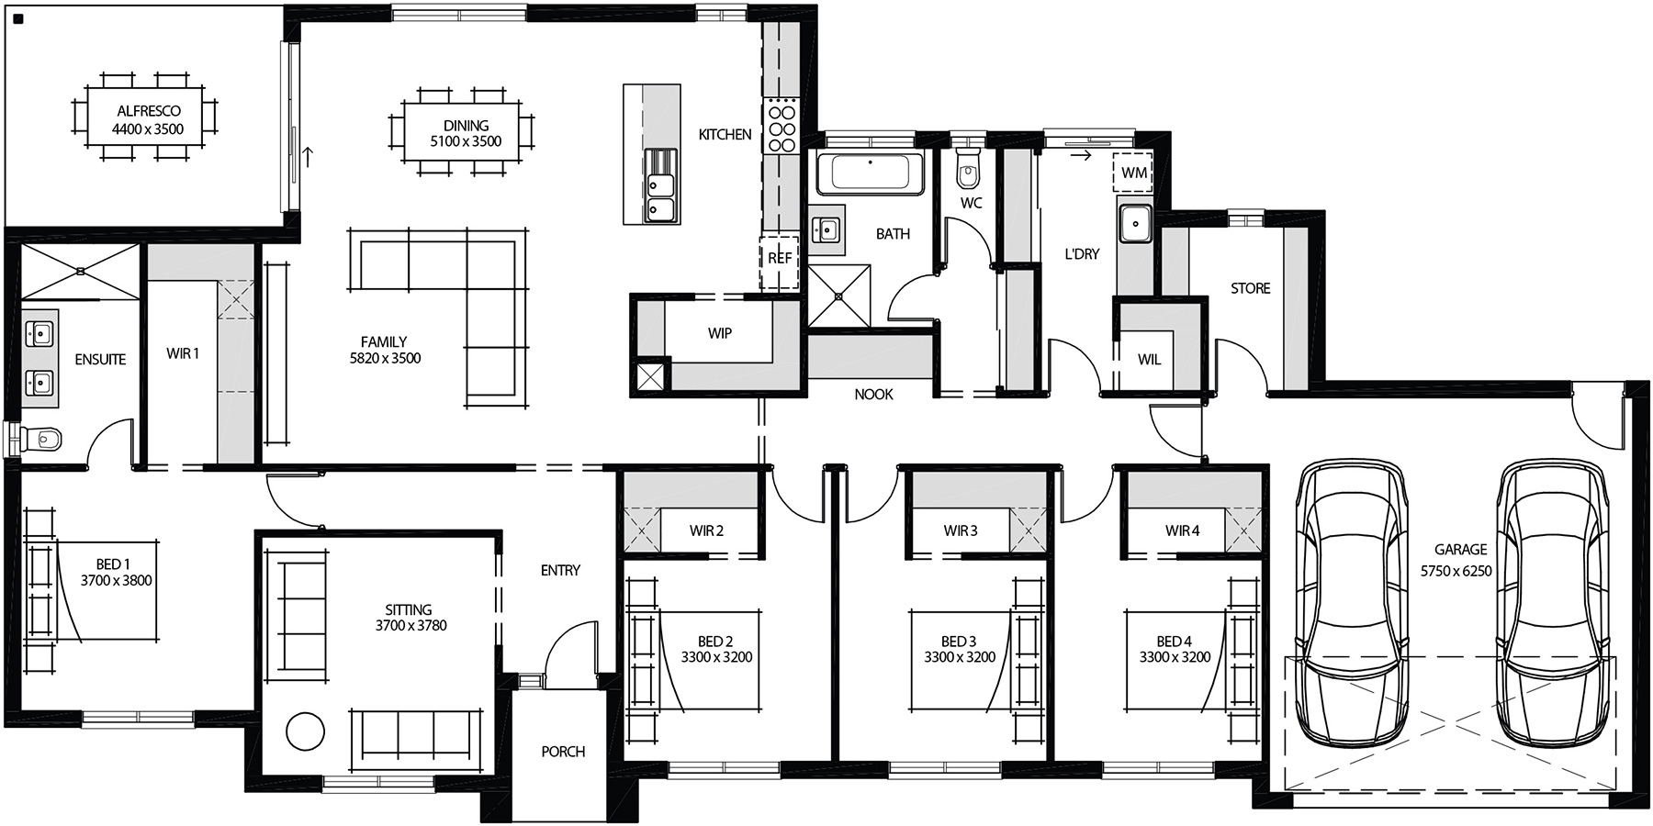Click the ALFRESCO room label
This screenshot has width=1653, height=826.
148,111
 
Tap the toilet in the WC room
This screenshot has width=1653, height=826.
968,170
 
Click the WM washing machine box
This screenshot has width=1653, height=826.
1133,173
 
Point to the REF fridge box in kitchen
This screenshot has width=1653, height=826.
780,260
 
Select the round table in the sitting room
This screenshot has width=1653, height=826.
305,731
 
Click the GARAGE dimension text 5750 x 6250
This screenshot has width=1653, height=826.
1456,570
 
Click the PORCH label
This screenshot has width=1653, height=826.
563,751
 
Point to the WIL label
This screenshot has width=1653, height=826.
1149,360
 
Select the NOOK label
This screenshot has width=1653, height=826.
873,394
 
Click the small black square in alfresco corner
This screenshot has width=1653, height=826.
18,17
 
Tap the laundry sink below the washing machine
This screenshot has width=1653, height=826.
1136,223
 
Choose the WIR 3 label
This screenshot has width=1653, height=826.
961,530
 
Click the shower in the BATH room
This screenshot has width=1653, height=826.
838,296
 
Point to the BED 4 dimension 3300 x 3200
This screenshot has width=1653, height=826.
1175,657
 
